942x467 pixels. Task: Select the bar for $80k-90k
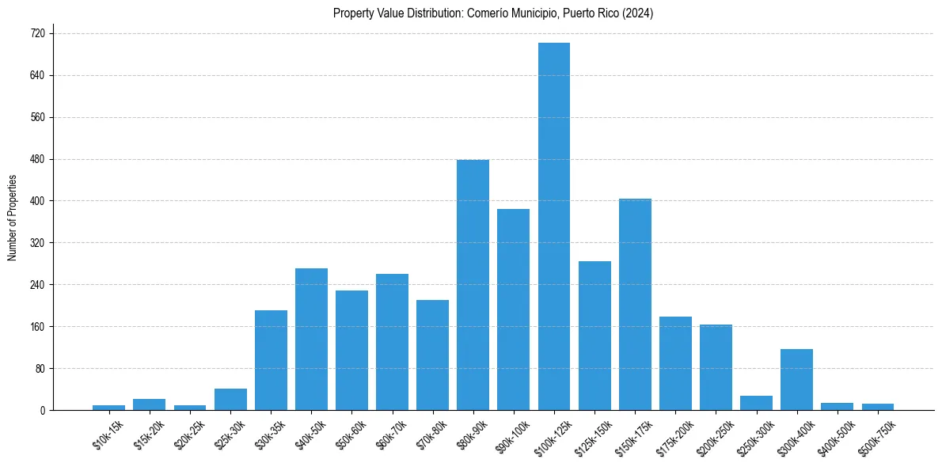pos(473,285)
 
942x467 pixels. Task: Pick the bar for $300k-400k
pos(796,380)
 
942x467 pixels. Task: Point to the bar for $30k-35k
pos(271,360)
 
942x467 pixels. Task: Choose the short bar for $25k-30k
pos(230,400)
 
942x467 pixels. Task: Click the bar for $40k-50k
pos(311,340)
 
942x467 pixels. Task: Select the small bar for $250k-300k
pos(756,403)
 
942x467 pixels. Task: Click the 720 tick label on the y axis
pos(37,34)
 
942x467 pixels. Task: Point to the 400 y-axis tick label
pos(37,201)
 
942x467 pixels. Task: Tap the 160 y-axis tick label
pos(37,327)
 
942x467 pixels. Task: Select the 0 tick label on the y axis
pos(43,410)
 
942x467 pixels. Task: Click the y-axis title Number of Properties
pos(12,218)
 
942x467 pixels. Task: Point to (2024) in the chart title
pos(637,13)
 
